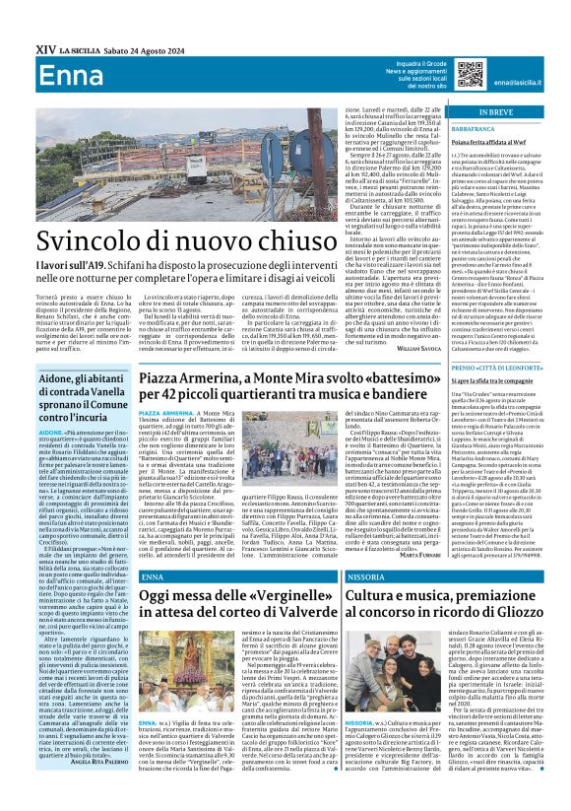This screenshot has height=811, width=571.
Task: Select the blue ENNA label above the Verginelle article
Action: tap(153, 576)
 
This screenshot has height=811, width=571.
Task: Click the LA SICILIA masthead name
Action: tap(79, 49)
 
